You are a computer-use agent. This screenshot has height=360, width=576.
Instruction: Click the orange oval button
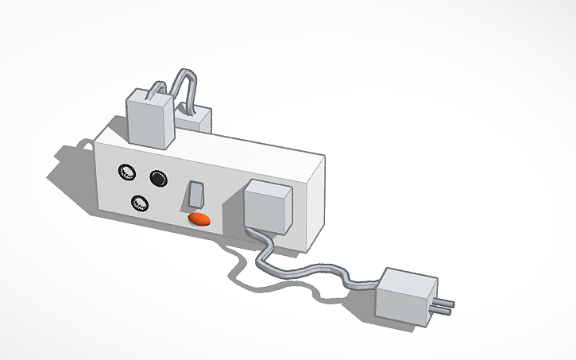[x=199, y=218]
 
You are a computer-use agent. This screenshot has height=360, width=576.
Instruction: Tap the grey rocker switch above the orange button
[x=195, y=195]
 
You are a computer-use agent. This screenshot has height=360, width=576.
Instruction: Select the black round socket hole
[x=160, y=178]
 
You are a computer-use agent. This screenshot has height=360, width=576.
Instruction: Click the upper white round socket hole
[x=126, y=172]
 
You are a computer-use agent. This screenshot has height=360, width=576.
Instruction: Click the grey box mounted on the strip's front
[x=265, y=208]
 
